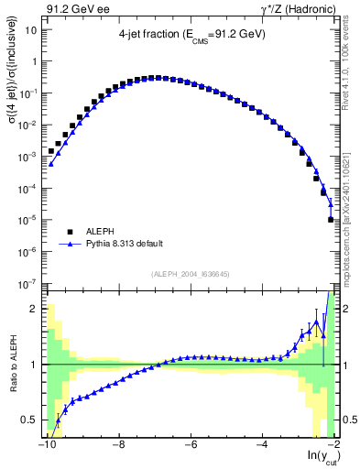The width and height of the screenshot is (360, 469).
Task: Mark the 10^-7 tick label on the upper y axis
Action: [x=28, y=284]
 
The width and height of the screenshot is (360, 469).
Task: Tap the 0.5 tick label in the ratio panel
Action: [x=29, y=420]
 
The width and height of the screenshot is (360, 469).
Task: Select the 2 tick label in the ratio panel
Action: [x=34, y=308]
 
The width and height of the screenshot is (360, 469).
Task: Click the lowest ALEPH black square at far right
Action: [x=331, y=220]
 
